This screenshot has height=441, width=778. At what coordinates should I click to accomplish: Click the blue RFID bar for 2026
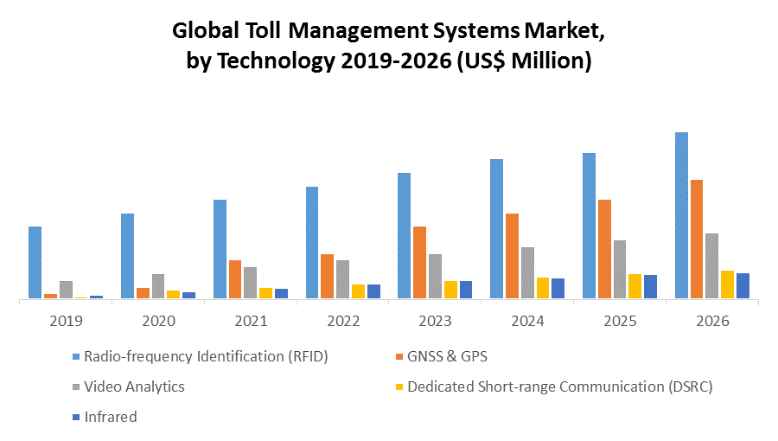pyautogui.click(x=681, y=215)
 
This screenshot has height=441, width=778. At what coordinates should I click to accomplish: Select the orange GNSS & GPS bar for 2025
pyautogui.click(x=604, y=249)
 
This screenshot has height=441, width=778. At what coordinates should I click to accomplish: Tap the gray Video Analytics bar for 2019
pyautogui.click(x=66, y=290)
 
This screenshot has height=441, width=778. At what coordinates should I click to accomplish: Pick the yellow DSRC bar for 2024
pyautogui.click(x=543, y=288)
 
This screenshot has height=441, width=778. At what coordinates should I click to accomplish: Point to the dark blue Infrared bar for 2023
pyautogui.click(x=466, y=290)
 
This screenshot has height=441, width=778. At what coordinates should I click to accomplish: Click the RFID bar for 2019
pyautogui.click(x=35, y=262)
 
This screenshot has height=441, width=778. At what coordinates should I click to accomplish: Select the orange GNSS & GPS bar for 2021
pyautogui.click(x=235, y=279)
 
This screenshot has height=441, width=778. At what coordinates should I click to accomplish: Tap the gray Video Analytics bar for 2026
pyautogui.click(x=711, y=265)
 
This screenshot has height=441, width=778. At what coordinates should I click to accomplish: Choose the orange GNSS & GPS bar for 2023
pyautogui.click(x=419, y=262)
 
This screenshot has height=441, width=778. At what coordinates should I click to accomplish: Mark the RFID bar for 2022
pyautogui.click(x=312, y=242)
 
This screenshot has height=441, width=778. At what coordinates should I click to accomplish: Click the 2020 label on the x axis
pyautogui.click(x=158, y=321)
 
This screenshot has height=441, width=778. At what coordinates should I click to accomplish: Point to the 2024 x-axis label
pyautogui.click(x=527, y=321)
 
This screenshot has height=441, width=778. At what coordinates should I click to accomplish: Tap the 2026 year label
pyautogui.click(x=712, y=321)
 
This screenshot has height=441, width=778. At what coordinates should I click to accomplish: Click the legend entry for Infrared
pyautogui.click(x=110, y=417)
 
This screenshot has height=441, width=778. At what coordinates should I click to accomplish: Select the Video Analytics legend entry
pyautogui.click(x=134, y=387)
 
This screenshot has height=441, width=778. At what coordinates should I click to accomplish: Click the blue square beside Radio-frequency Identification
pyautogui.click(x=76, y=356)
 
